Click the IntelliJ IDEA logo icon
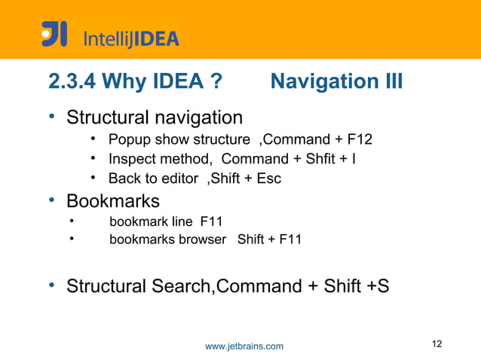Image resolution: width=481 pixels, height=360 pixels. coord(54,34)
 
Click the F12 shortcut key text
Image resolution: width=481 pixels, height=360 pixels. coord(359,139)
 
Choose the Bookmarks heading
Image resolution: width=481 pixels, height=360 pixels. coord(113,201)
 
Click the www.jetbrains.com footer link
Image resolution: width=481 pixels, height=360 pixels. coord(244,346)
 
